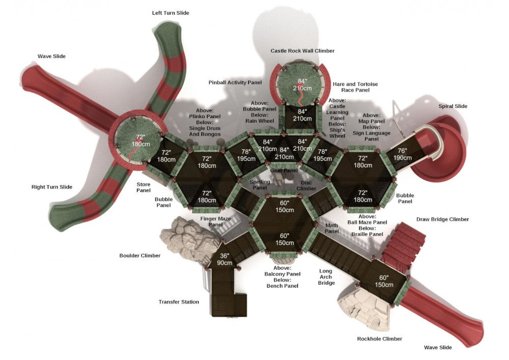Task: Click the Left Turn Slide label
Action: tap(171, 13)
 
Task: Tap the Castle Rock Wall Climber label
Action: tap(302, 51)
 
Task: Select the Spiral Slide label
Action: tap(453, 106)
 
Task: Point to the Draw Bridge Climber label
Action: tap(442, 219)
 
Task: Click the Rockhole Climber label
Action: tap(379, 339)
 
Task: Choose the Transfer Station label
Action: tap(178, 302)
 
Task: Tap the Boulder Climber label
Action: tap(139, 256)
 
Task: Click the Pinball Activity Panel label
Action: tap(235, 82)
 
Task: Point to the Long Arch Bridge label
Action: tap(326, 277)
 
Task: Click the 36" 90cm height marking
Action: tap(225, 259)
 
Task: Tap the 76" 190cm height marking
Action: tap(402, 154)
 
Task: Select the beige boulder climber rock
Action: tap(184, 236)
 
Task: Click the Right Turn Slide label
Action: tap(52, 187)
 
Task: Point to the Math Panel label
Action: tap(332, 228)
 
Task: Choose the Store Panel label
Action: tap(143, 187)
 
